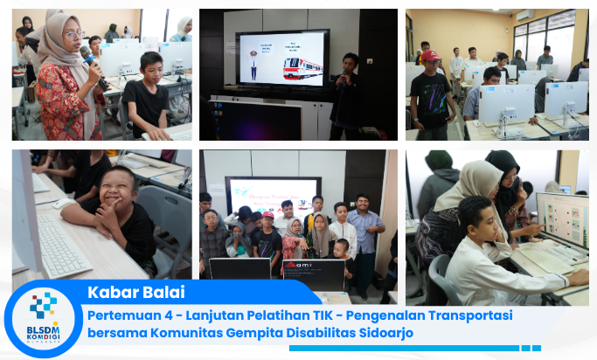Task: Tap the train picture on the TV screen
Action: [302, 67]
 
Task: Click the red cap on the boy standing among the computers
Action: [429, 55]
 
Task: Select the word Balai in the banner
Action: [158, 292]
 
